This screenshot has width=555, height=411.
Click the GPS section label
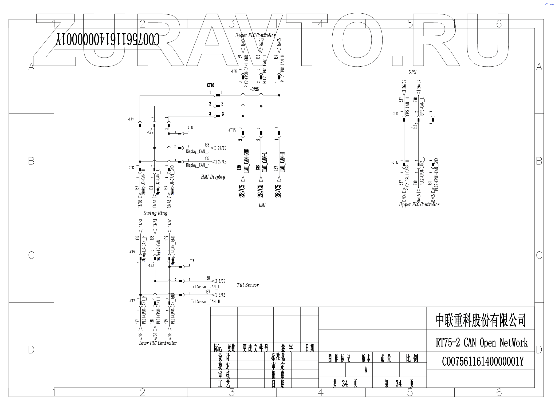tap(412, 72)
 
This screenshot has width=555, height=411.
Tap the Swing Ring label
tap(155, 213)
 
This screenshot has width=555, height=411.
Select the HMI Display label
tap(213, 177)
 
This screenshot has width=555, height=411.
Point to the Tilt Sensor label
tap(248, 285)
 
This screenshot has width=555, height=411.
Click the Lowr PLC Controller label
tap(158, 343)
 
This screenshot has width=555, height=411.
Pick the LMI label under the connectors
tap(262, 205)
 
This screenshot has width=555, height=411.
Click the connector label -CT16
tap(210, 85)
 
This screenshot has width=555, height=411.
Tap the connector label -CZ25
tap(254, 90)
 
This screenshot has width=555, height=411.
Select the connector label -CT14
tap(395, 114)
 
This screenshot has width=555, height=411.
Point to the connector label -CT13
tap(395, 162)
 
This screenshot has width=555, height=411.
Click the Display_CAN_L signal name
tap(198, 151)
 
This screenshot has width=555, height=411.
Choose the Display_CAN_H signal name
tap(198, 165)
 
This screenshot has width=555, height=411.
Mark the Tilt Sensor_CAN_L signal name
tap(205, 287)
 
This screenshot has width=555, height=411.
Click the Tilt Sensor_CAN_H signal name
tap(205, 301)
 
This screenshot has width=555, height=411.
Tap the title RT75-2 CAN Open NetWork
tap(482, 342)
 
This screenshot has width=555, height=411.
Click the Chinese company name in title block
tap(481, 320)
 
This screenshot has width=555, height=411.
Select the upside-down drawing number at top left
tap(108, 40)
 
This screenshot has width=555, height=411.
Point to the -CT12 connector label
tap(190, 128)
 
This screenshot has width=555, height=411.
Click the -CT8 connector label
tap(191, 261)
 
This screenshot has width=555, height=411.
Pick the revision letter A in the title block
tap(366, 370)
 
